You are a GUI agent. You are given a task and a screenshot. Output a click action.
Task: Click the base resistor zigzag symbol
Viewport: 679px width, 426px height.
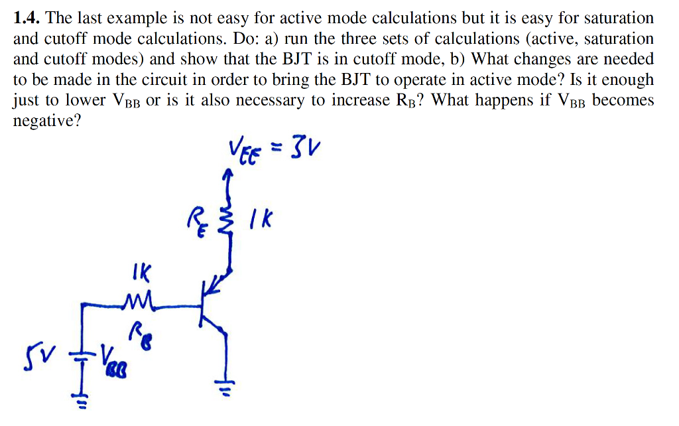141,303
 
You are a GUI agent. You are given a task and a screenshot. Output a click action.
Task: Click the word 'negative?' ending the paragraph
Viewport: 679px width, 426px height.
44,121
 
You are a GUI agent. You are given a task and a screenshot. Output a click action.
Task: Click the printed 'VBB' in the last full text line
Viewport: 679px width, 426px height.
125,101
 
